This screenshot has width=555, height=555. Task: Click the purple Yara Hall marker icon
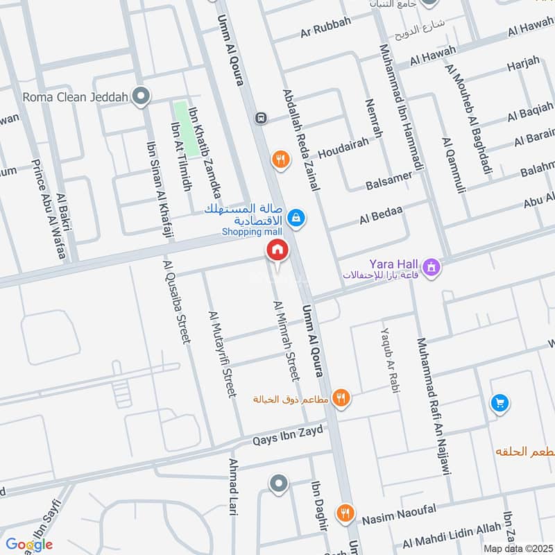click(432, 266)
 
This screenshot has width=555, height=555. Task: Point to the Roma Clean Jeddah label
click(76, 97)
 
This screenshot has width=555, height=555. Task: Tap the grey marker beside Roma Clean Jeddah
click(142, 96)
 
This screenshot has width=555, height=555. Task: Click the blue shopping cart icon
click(499, 402)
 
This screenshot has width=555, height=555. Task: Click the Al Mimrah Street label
click(287, 341)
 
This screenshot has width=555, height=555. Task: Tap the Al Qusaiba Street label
click(176, 302)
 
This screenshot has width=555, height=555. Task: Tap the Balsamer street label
click(388, 180)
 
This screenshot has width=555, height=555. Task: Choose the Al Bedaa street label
click(381, 216)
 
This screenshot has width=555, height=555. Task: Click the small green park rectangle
click(182, 118)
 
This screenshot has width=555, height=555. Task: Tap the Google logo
click(28, 545)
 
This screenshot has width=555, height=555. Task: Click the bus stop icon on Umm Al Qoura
click(260, 117)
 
